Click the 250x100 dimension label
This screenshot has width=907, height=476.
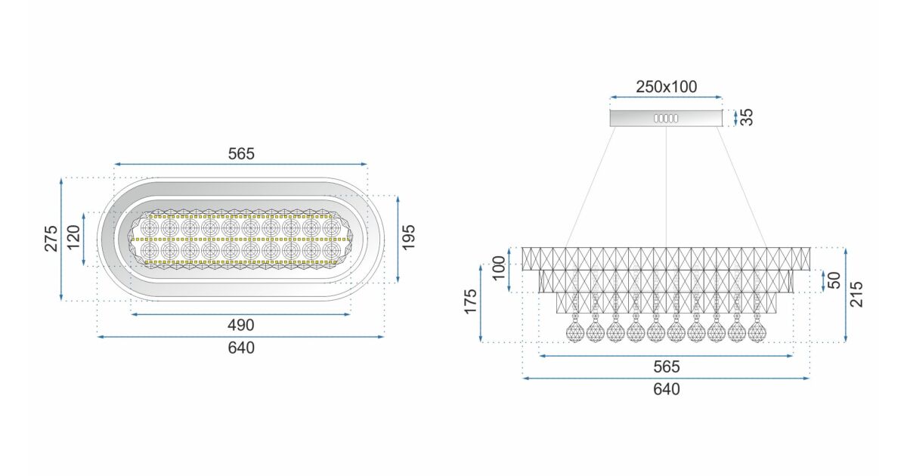pyautogui.click(x=666, y=87)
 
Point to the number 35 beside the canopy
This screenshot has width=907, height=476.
pyautogui.click(x=746, y=117)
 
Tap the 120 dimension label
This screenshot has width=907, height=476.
pyautogui.click(x=73, y=240)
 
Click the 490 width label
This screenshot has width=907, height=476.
pyautogui.click(x=241, y=325)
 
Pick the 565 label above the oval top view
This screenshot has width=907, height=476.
pyautogui.click(x=241, y=153)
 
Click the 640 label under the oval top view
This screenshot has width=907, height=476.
pyautogui.click(x=241, y=348)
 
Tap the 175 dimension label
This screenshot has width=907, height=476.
pyautogui.click(x=471, y=303)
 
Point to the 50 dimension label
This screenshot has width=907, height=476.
pyautogui.click(x=834, y=280)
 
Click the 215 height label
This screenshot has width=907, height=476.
pyautogui.click(x=856, y=295)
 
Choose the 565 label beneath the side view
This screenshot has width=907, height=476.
pyautogui.click(x=666, y=366)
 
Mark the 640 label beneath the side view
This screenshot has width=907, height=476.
pyautogui.click(x=666, y=389)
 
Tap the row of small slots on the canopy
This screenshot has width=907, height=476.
pyautogui.click(x=666, y=119)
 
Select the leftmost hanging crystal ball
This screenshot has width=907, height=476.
pyautogui.click(x=574, y=331)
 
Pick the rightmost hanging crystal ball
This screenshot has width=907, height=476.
pyautogui.click(x=757, y=331)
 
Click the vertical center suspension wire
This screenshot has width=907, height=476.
pyautogui.click(x=666, y=189)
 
